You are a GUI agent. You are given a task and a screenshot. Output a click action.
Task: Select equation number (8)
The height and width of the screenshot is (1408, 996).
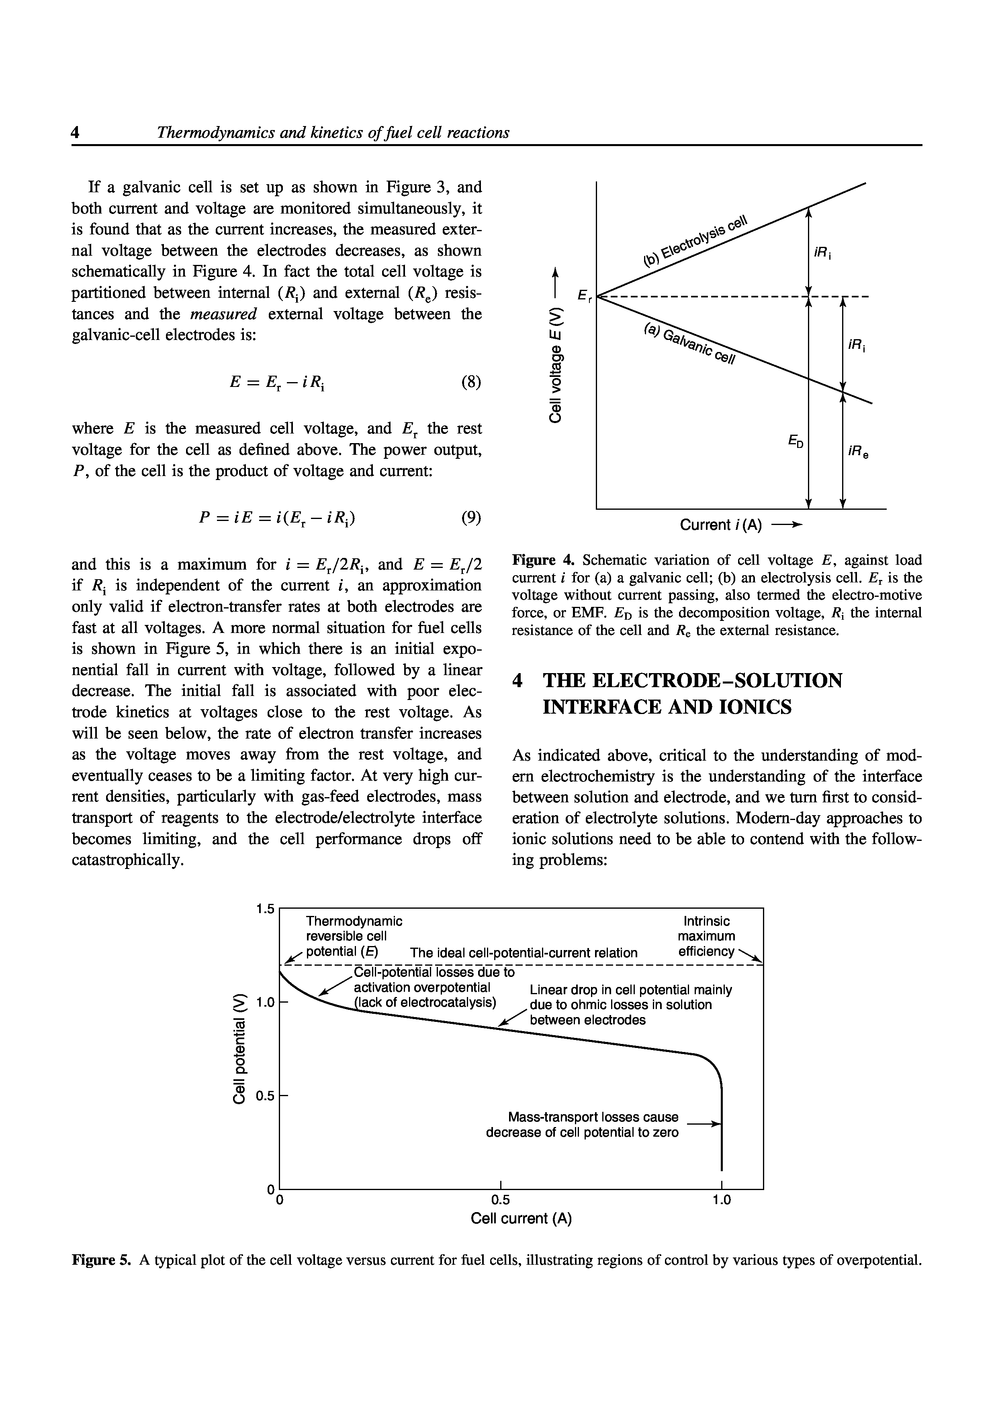[x=471, y=382]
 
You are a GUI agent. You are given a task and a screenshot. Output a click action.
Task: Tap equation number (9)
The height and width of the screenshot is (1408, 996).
[x=471, y=518]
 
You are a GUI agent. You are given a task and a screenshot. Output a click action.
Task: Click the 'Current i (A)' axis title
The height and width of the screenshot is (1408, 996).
[x=720, y=525]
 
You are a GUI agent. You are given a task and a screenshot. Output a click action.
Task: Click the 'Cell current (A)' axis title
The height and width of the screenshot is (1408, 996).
[x=521, y=1219]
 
